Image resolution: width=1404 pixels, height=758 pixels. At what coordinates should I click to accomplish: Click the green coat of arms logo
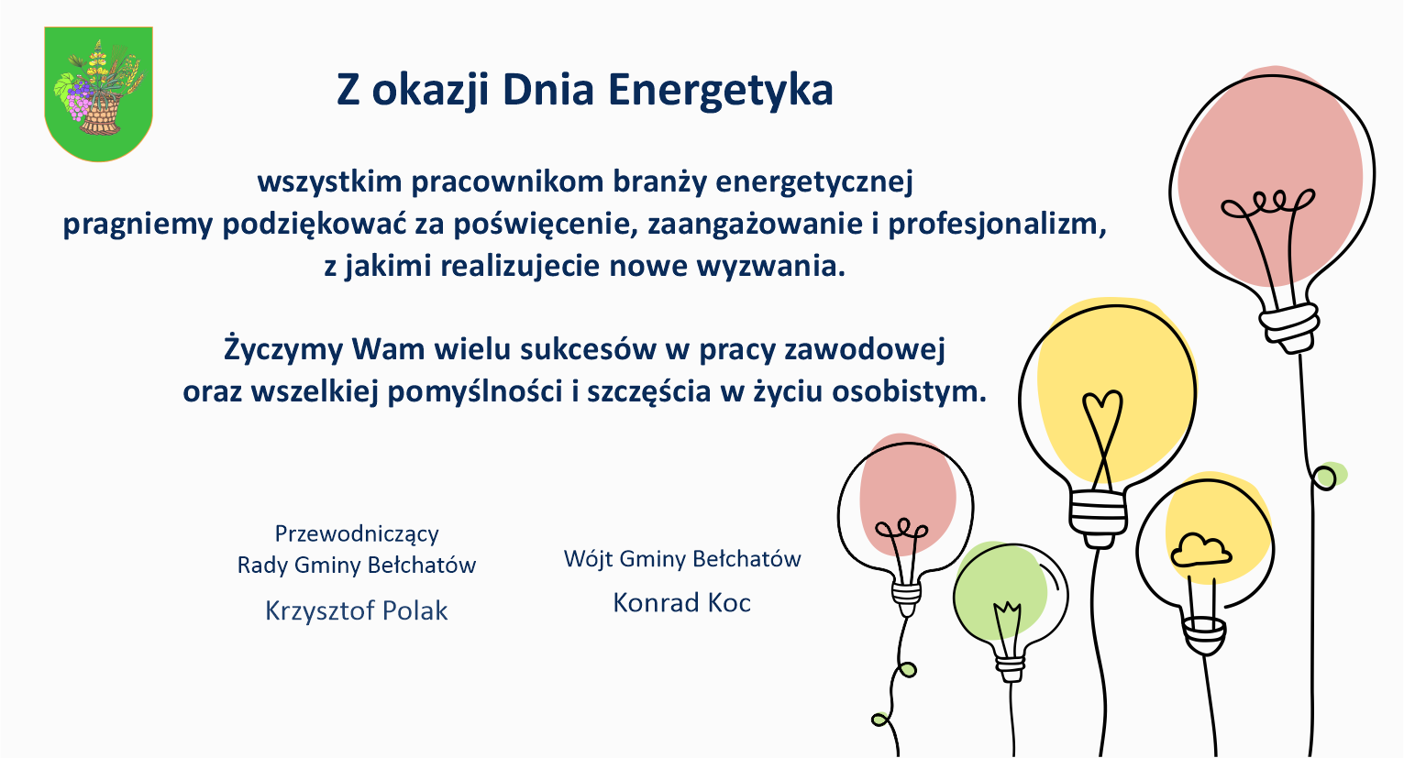click(x=98, y=94)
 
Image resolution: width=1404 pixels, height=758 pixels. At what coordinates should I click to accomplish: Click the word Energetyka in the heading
click(x=721, y=91)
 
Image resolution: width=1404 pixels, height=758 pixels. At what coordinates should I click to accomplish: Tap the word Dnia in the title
click(x=547, y=90)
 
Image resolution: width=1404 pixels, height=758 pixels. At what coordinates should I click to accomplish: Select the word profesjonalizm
click(x=997, y=225)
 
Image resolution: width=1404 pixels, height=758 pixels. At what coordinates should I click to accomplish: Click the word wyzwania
click(x=771, y=267)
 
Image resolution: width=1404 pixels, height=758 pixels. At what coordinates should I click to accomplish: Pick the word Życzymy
click(x=283, y=349)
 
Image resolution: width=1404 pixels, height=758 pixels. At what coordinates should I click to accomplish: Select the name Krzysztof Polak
click(x=356, y=610)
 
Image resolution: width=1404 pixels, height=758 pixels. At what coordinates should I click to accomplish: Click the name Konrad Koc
click(x=682, y=602)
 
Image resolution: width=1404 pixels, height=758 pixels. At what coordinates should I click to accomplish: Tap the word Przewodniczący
click(x=357, y=534)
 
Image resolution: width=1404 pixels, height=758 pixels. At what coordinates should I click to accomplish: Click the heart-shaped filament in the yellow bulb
click(x=1102, y=438)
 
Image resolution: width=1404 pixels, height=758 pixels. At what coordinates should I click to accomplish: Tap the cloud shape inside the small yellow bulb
click(x=1201, y=551)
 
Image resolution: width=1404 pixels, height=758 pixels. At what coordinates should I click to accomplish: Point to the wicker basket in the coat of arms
click(x=100, y=115)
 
